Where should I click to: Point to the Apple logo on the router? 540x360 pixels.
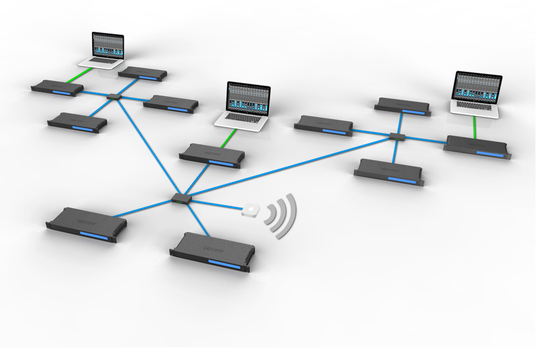[x=250, y=208]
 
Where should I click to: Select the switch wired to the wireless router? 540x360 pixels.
[x=181, y=197]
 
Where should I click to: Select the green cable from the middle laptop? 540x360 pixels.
[x=228, y=138]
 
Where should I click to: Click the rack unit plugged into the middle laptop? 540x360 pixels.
[x=212, y=155]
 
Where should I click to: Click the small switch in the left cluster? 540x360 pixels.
[x=114, y=97]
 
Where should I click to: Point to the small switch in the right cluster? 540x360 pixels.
[x=397, y=136]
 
